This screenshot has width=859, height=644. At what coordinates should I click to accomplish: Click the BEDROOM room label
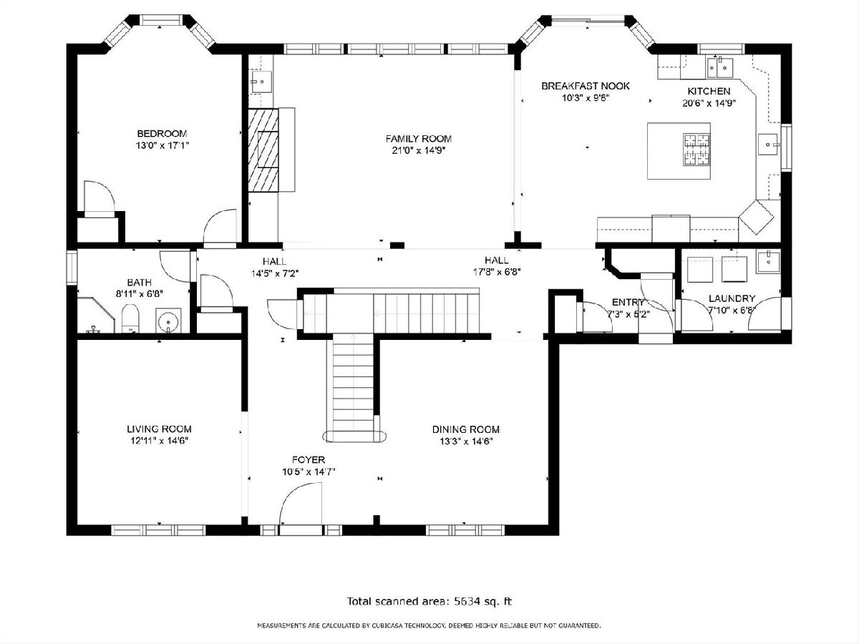[162, 133]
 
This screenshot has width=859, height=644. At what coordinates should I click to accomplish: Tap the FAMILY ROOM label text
[418, 138]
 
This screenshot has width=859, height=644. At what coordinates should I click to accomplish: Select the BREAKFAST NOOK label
[586, 86]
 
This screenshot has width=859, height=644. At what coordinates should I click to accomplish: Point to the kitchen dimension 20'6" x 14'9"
[709, 103]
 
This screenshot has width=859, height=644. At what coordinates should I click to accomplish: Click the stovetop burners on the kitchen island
[697, 149]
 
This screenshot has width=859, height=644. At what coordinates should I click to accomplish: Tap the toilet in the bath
[130, 318]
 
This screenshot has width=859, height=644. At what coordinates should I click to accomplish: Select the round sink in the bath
[168, 321]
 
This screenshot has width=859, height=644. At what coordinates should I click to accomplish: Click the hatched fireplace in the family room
[263, 150]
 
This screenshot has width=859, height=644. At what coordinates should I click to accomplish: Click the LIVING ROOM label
[160, 429]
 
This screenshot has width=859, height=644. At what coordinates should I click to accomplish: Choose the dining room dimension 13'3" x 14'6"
[466, 441]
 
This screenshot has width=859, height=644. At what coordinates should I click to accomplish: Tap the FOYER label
[309, 460]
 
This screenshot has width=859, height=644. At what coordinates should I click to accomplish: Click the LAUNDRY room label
[732, 298]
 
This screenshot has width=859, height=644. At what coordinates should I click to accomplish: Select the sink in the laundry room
[768, 263]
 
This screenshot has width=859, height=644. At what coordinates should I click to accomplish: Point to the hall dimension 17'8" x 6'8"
[497, 272]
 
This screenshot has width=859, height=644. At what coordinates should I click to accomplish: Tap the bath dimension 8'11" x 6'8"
[140, 294]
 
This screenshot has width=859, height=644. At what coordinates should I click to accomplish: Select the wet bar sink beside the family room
[261, 82]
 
